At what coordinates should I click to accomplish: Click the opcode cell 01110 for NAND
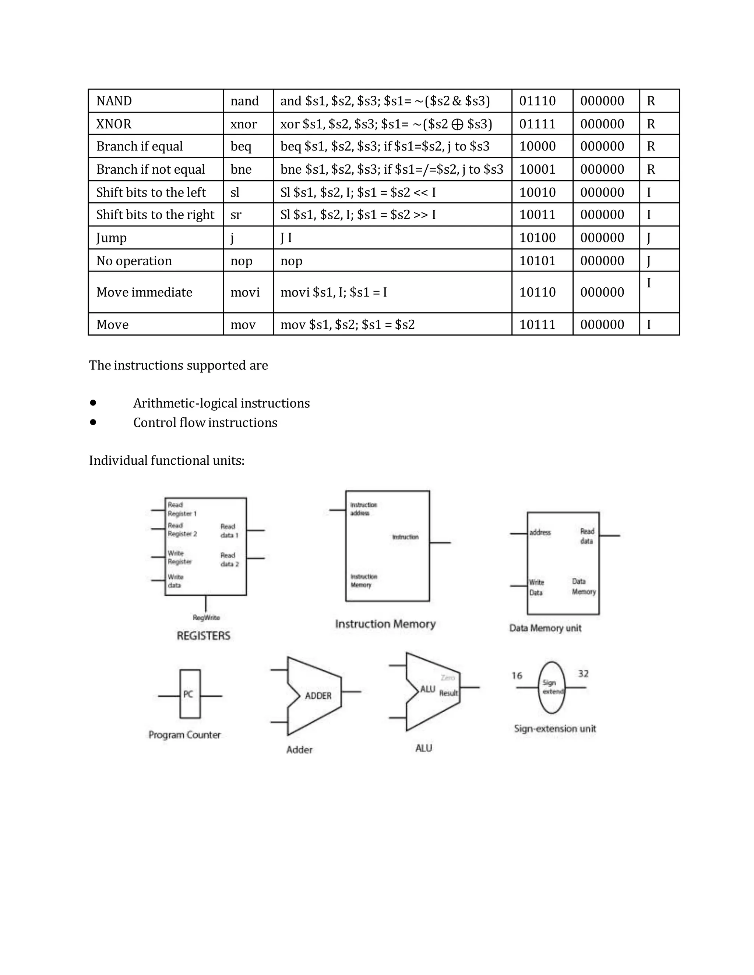(x=538, y=101)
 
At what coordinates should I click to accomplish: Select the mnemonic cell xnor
(x=243, y=124)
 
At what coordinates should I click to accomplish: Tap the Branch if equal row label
(x=140, y=146)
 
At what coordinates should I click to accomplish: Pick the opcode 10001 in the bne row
(x=538, y=169)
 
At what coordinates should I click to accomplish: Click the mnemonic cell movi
(x=245, y=292)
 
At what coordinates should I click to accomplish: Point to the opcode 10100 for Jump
(x=538, y=238)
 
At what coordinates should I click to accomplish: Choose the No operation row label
(x=134, y=261)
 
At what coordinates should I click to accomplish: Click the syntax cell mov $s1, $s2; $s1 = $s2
(x=347, y=324)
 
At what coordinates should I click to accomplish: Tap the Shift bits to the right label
(x=155, y=215)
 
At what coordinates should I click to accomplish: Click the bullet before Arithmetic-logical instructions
(x=93, y=403)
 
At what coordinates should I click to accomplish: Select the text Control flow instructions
(x=205, y=422)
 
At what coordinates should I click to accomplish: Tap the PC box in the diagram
(x=189, y=694)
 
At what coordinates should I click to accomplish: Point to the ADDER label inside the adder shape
(x=318, y=695)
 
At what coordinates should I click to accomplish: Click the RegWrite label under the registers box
(x=206, y=617)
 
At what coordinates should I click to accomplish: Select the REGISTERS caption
(x=204, y=636)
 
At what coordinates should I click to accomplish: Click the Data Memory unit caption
(x=545, y=628)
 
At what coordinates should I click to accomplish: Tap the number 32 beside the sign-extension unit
(x=583, y=674)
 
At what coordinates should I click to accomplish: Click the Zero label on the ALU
(x=448, y=678)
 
